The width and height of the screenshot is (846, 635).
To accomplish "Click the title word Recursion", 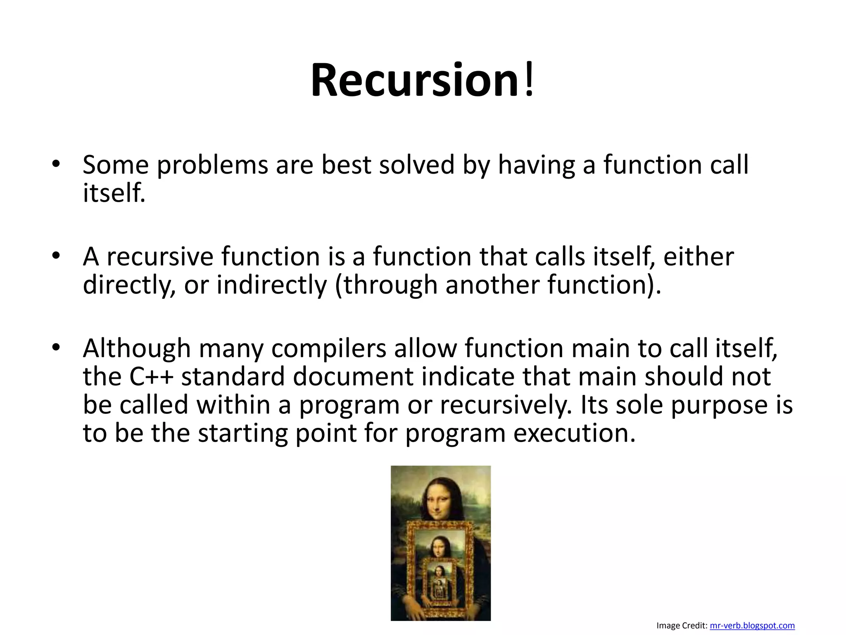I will [414, 80].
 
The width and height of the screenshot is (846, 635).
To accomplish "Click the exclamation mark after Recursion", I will [528, 80].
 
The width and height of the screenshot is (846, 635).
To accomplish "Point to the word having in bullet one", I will [536, 165].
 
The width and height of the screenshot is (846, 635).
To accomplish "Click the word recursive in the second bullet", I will [160, 257].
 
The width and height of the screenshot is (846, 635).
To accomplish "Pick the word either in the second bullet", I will [698, 257].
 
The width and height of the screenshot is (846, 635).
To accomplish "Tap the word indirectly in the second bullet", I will [271, 285].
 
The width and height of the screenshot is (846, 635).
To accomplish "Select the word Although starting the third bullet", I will [136, 349].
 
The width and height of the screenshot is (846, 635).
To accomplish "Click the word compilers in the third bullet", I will [328, 349].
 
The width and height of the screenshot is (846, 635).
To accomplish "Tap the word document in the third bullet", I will [353, 377].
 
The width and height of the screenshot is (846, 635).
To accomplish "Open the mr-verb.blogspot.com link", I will [752, 625].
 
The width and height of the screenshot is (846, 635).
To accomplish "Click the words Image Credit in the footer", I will [682, 625].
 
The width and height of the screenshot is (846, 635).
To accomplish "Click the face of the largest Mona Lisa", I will [439, 501].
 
